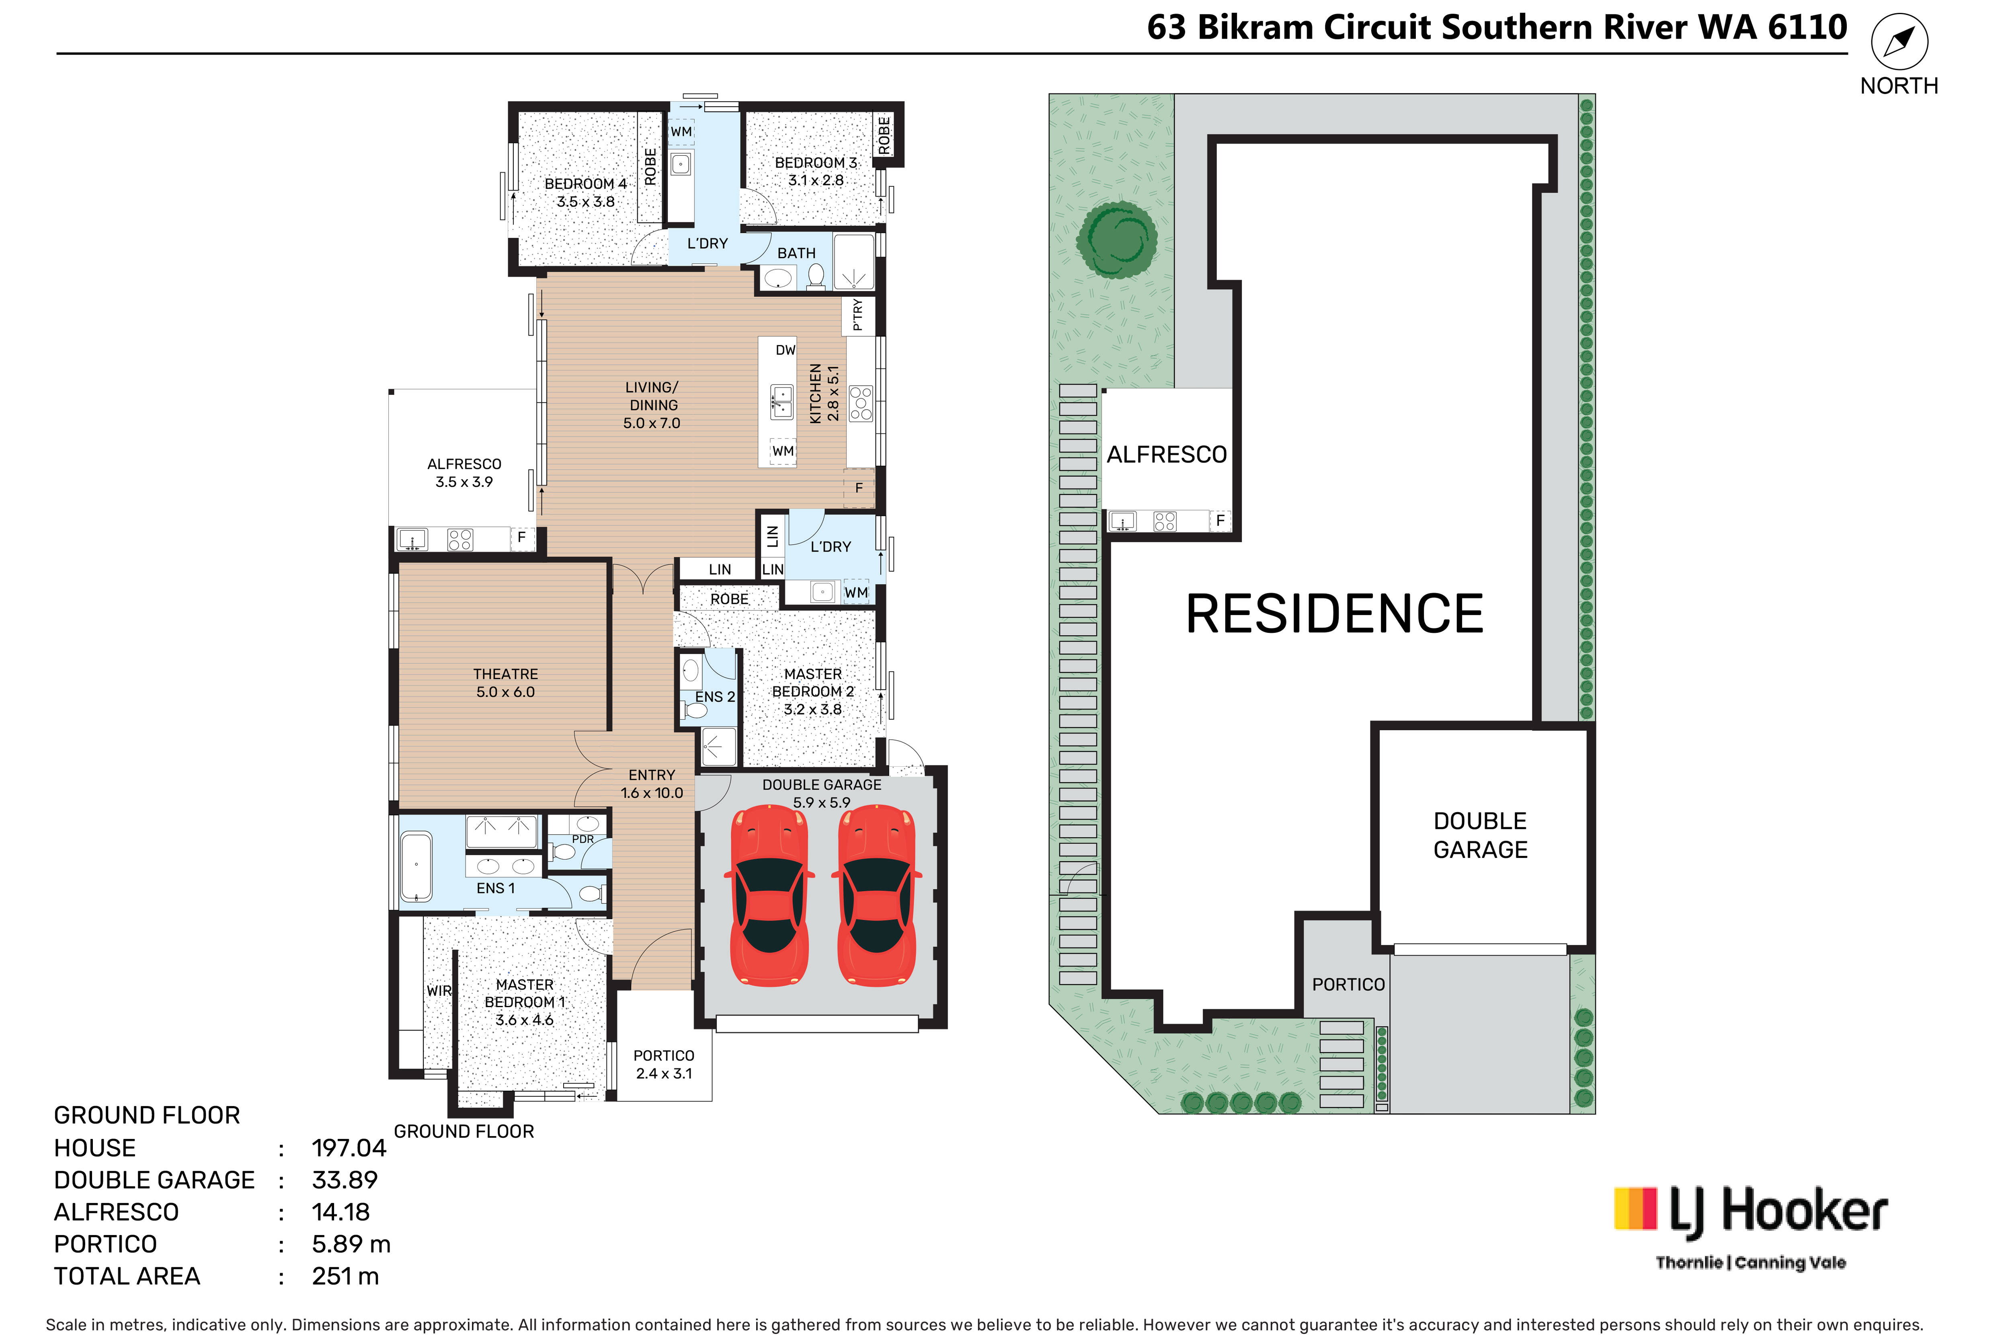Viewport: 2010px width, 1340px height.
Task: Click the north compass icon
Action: point(1899,41)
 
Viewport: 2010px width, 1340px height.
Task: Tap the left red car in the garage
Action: point(769,894)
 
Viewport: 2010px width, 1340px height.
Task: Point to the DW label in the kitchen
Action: point(786,349)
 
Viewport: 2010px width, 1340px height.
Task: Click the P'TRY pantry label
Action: point(857,314)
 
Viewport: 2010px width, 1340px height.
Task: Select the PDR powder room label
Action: point(583,839)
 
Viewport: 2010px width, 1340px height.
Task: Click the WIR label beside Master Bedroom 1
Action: point(439,991)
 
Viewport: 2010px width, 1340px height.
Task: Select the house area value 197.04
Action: point(349,1148)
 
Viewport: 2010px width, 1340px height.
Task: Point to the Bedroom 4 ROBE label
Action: point(650,166)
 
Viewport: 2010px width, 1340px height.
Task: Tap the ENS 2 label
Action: point(714,696)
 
